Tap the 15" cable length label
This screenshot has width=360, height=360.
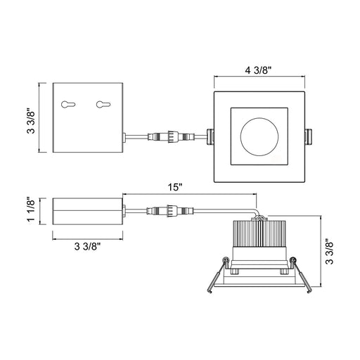pos(175,187)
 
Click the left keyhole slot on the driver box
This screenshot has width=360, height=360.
pos(68,104)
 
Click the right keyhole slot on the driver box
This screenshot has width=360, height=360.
pos(103,105)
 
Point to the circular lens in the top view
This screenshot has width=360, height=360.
pos(259,137)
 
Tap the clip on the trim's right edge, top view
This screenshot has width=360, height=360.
pos(309,136)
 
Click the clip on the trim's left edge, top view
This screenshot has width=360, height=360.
pos(210,136)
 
